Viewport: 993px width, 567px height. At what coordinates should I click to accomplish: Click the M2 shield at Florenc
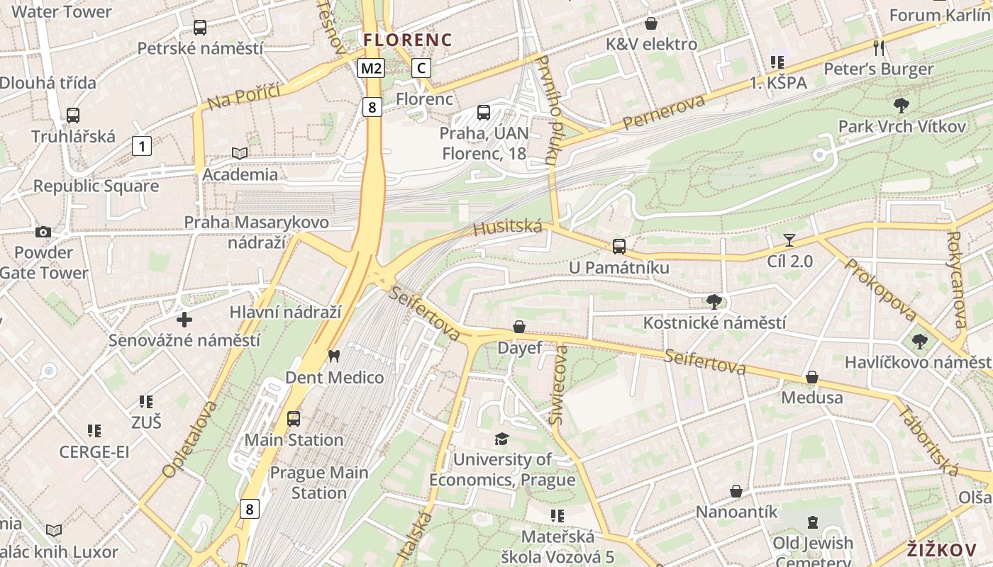point(371,68)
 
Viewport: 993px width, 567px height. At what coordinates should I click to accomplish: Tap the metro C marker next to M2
point(421,68)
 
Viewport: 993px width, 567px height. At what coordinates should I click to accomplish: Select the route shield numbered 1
point(142,147)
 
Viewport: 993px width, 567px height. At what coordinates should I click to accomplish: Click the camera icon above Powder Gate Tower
point(43,232)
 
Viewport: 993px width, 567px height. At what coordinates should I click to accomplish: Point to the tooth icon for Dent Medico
point(334,356)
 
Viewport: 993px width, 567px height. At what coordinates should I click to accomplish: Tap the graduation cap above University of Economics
point(502,439)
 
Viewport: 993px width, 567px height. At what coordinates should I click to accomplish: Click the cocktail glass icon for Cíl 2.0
point(789,240)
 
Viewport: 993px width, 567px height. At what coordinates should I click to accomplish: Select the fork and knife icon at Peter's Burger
point(879,47)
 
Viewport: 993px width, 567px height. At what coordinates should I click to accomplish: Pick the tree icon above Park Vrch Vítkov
point(902,106)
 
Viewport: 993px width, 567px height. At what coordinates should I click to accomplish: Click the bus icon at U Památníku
point(619,247)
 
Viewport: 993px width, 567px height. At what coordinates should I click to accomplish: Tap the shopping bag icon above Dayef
point(519,327)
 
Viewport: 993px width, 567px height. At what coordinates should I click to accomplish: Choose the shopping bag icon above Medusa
point(812,376)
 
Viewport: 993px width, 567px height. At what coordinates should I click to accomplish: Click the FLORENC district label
point(408,40)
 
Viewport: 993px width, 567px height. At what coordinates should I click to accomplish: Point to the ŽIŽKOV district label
point(942,550)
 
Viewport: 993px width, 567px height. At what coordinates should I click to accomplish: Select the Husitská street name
point(507,228)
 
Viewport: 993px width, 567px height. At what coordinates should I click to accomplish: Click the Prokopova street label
point(880,289)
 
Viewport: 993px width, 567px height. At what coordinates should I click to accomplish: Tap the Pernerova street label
point(665,113)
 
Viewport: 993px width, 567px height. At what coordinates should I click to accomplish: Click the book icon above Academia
point(240,153)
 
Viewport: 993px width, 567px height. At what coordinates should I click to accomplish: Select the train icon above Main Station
point(294,419)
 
